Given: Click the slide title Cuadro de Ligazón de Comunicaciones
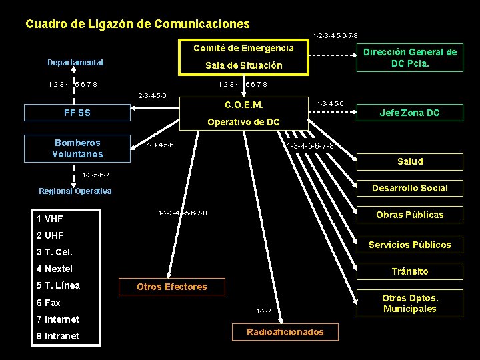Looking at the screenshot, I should [x=137, y=25].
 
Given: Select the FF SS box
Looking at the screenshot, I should [x=77, y=113].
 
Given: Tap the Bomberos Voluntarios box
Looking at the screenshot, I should [x=78, y=149].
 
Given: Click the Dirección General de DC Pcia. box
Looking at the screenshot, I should [x=409, y=58].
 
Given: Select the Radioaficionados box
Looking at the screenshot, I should [x=285, y=332].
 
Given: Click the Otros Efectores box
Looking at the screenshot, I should [x=171, y=287].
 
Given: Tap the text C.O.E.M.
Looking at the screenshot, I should [x=244, y=105].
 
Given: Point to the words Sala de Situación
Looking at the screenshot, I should [x=243, y=65].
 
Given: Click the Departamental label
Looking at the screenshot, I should [x=75, y=63].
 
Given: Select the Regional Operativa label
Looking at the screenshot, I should [x=75, y=191].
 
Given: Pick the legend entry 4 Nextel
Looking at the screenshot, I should [x=55, y=269].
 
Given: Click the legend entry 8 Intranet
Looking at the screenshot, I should [x=57, y=336].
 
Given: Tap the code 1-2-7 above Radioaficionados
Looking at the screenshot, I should [x=265, y=311].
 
